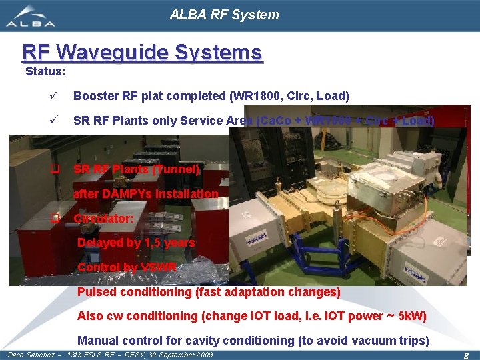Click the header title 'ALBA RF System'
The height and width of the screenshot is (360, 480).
pyautogui.click(x=224, y=15)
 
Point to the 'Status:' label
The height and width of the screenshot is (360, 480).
pyautogui.click(x=45, y=71)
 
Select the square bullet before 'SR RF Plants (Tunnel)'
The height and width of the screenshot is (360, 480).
pyautogui.click(x=57, y=169)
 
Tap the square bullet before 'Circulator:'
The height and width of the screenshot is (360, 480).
pyautogui.click(x=57, y=219)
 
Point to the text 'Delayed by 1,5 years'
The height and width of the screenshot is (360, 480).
pyautogui.click(x=136, y=243)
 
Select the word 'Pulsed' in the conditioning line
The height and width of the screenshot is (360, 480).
pyautogui.click(x=96, y=292)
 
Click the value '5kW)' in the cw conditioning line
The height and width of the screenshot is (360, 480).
pyautogui.click(x=411, y=316)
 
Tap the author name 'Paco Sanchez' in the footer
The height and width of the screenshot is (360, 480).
pyautogui.click(x=31, y=355)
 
